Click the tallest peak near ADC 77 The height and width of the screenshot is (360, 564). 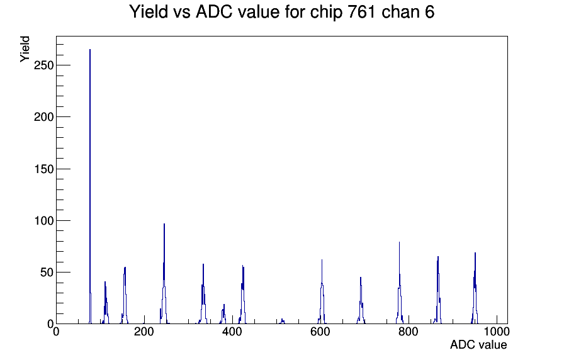[90, 187]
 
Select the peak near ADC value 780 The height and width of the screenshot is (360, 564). [399, 284]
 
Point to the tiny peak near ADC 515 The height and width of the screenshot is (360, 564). [283, 321]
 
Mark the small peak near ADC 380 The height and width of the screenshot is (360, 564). [223, 315]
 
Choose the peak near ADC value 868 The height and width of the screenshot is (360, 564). [437, 291]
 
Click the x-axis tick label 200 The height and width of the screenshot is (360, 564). [144, 332]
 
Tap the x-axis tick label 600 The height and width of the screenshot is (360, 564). [320, 332]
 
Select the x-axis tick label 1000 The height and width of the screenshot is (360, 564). [497, 332]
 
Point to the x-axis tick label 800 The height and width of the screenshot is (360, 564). [409, 332]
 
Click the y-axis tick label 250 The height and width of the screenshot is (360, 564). [43, 65]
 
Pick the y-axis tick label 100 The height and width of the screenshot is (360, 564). [43, 220]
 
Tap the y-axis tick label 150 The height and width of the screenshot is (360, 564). [43, 169]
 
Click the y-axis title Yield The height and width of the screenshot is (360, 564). [25, 49]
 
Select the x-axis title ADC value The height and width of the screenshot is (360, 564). [478, 345]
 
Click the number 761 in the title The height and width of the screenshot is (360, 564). [362, 12]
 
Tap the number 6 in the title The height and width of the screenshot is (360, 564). [430, 12]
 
